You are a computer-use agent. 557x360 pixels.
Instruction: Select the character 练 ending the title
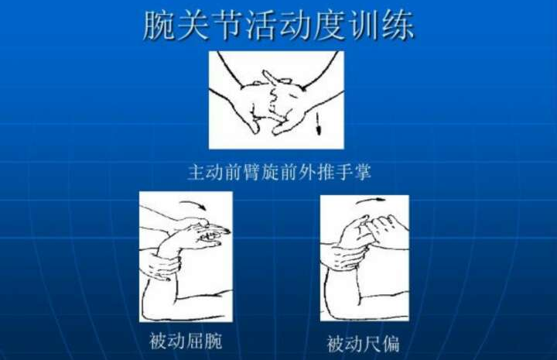tap(398, 25)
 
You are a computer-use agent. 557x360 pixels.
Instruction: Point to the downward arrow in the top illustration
tap(319, 123)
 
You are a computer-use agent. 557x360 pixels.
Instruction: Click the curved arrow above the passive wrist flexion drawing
tap(193, 204)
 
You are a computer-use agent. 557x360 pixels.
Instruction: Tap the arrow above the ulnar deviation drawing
tap(371, 201)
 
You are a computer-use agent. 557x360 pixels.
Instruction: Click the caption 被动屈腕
tap(186, 341)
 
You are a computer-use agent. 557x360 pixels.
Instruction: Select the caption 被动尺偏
tap(363, 344)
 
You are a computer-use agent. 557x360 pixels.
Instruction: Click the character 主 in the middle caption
tap(196, 172)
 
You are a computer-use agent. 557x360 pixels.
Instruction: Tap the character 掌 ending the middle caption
tap(362, 172)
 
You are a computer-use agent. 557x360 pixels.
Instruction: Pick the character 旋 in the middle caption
tap(270, 172)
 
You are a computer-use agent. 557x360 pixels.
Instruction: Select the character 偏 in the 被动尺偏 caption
tap(390, 344)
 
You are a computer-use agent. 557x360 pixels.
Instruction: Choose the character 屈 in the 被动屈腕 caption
tap(195, 341)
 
